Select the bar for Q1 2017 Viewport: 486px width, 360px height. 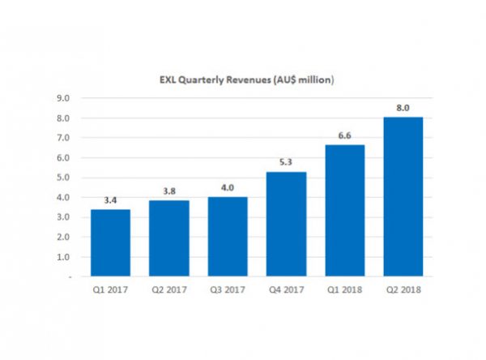coord(110,243)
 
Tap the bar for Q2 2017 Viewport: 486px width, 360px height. coord(168,239)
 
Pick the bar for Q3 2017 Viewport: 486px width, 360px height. coord(228,237)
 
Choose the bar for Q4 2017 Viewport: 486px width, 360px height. coord(286,225)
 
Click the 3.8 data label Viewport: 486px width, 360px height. coord(168,192)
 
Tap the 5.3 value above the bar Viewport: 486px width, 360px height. coord(286,163)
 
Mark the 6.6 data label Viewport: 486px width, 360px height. coord(344,136)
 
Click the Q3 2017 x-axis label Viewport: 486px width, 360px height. coord(228,288)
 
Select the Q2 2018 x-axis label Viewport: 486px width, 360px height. coord(403,288)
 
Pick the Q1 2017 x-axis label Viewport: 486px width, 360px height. coord(110,288)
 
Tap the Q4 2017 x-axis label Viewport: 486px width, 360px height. coord(286,288)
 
